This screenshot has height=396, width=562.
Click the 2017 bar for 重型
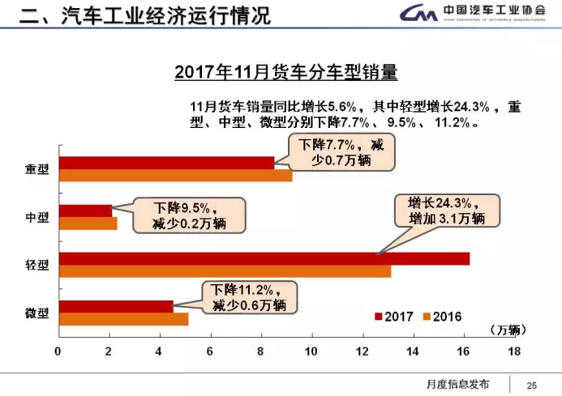(x=166, y=163)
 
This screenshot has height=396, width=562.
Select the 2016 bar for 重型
(x=175, y=175)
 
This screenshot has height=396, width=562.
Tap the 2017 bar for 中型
(x=85, y=211)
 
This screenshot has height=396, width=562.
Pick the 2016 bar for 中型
(x=88, y=224)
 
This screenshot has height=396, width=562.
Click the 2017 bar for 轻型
(x=264, y=259)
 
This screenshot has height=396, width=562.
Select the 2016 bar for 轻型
(x=225, y=271)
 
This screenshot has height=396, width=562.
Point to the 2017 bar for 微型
(x=116, y=306)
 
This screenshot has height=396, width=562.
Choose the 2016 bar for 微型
(x=123, y=318)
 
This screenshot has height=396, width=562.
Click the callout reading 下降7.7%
(x=341, y=152)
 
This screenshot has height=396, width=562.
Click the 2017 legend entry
(x=394, y=317)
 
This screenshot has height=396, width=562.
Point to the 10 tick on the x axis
(x=311, y=351)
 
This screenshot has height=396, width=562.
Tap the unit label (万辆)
(x=508, y=330)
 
